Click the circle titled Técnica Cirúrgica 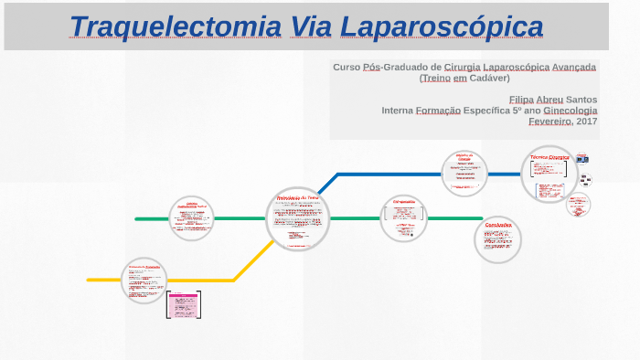[x=549, y=175]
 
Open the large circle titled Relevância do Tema [x=298, y=219]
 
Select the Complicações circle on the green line [x=403, y=218]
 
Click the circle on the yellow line [x=144, y=280]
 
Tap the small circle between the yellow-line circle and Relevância [x=191, y=218]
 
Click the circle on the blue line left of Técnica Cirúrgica [x=464, y=173]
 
